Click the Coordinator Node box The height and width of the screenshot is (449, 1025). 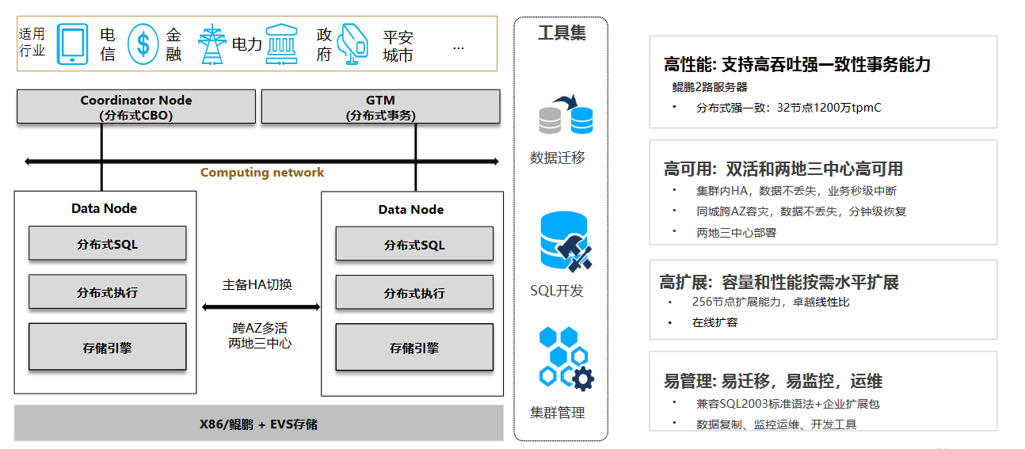(136, 107)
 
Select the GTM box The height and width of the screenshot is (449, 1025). (380, 107)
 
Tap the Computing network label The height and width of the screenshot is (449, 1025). (261, 173)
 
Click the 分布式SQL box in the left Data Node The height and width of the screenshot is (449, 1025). (107, 244)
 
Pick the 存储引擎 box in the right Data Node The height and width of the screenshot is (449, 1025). (413, 348)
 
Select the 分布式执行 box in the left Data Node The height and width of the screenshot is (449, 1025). (107, 292)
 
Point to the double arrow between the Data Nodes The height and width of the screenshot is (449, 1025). (261, 306)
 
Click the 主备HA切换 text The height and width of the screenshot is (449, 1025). (257, 284)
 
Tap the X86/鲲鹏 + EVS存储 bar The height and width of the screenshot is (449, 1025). (258, 424)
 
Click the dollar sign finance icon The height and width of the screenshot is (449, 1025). (143, 44)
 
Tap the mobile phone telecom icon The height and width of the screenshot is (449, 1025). (73, 44)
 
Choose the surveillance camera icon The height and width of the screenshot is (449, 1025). (352, 44)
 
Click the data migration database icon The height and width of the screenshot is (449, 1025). (565, 116)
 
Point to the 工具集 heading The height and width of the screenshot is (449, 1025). (561, 33)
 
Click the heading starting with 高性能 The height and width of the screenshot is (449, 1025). (797, 65)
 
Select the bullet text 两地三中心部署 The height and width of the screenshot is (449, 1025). (736, 233)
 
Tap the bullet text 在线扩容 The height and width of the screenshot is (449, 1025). (715, 322)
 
